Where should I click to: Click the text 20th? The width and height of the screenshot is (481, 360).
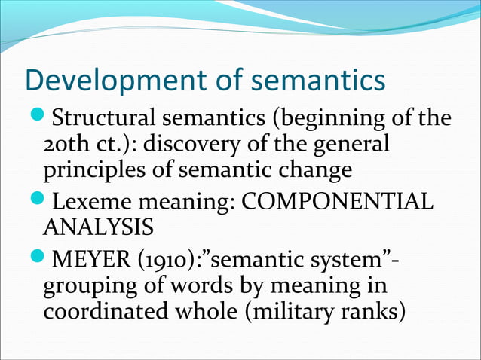pos(62,145)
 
